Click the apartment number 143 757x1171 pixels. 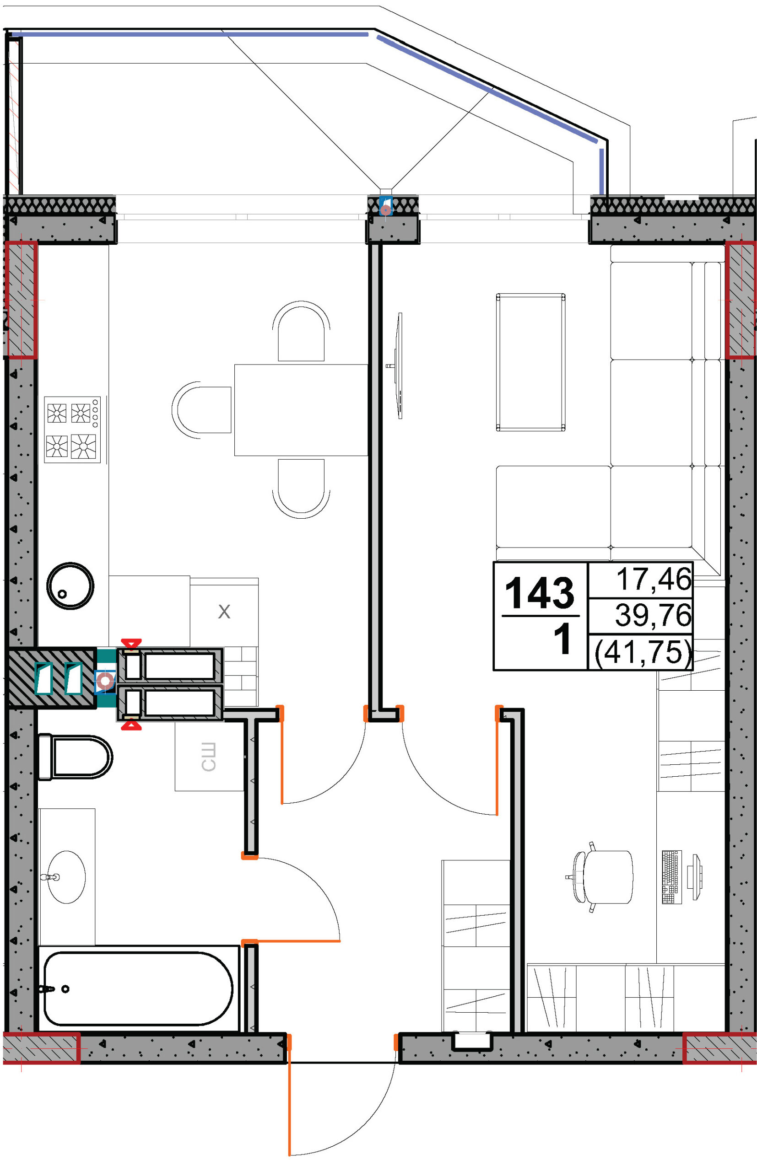tap(539, 593)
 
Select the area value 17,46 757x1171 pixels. tap(654, 579)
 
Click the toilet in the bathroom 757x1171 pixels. tap(75, 757)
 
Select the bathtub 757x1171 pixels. tap(138, 988)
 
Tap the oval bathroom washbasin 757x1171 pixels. tap(66, 877)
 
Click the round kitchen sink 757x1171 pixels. tap(70, 586)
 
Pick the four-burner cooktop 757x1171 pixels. tap(72, 430)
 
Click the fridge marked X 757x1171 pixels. tap(224, 612)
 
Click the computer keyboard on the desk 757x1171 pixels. tap(672, 877)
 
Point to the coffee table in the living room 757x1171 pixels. tap(531, 362)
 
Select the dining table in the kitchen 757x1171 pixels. tap(301, 410)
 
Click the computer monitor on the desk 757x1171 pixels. tap(696, 877)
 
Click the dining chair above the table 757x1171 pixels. tap(301, 332)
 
